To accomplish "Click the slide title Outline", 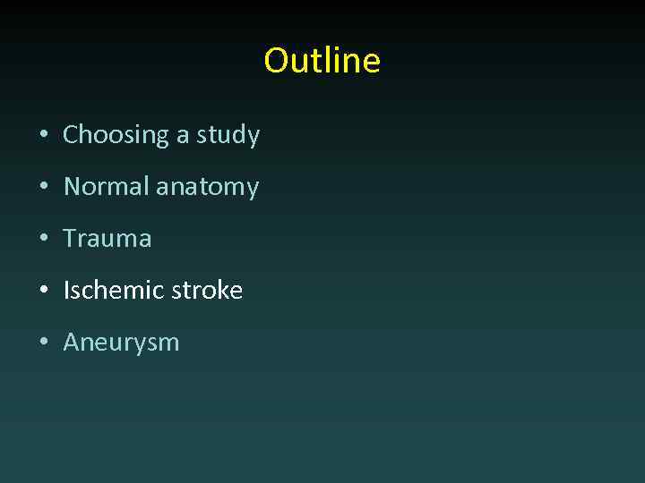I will tap(322, 61).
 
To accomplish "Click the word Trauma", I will tap(107, 239).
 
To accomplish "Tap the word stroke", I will tap(202, 290).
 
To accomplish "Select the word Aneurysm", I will tap(121, 343).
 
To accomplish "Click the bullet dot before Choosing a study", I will tap(43, 136).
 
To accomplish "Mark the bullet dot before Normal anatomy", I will tap(43, 188).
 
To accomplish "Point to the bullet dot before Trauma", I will tap(43, 240).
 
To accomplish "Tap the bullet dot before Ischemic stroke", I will tap(43, 291).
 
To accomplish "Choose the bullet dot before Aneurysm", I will tap(43, 343).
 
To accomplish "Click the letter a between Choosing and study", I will tap(183, 137).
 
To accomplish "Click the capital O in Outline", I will tap(276, 61).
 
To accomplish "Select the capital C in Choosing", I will tap(71, 135).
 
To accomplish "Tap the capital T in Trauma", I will tap(70, 239).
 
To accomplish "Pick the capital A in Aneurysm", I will tap(71, 342).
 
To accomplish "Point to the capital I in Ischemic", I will tap(66, 290).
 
